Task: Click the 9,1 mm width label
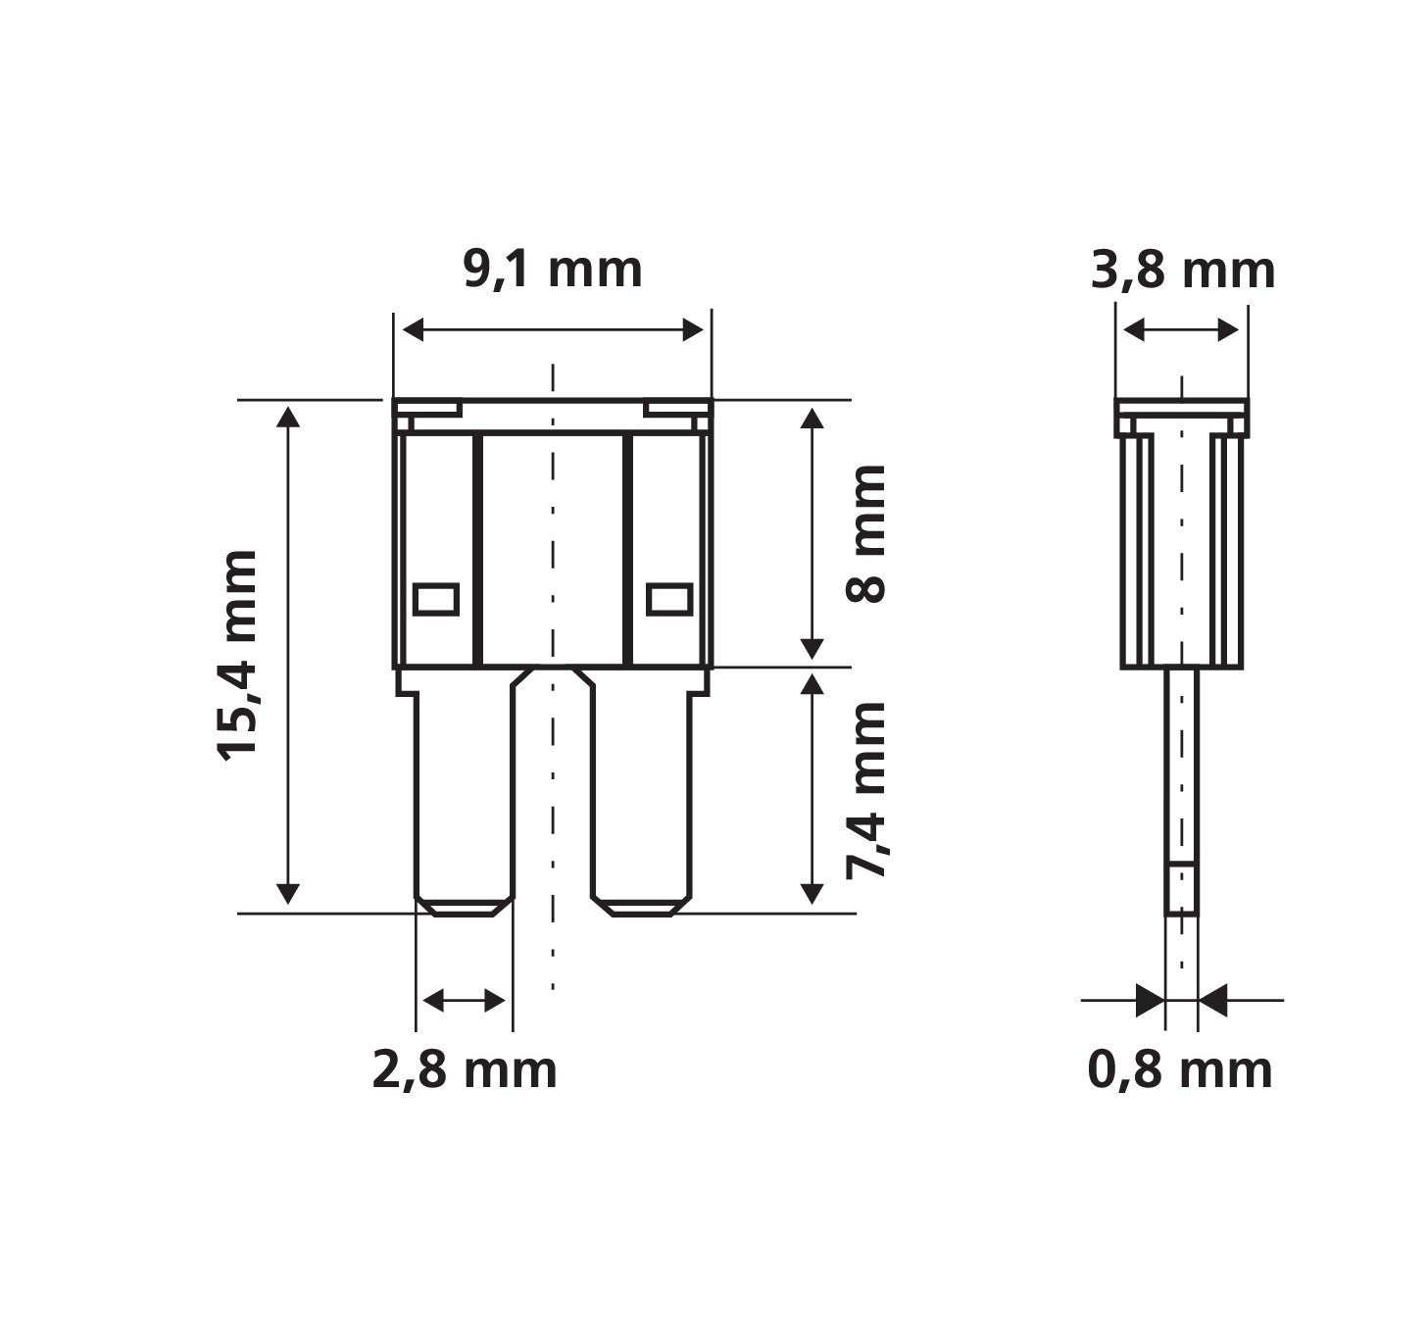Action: (x=553, y=271)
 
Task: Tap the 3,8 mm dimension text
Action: (x=1183, y=272)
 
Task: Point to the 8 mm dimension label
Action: (x=865, y=534)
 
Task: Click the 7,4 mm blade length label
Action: (x=866, y=791)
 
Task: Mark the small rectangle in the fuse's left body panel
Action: (x=435, y=600)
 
